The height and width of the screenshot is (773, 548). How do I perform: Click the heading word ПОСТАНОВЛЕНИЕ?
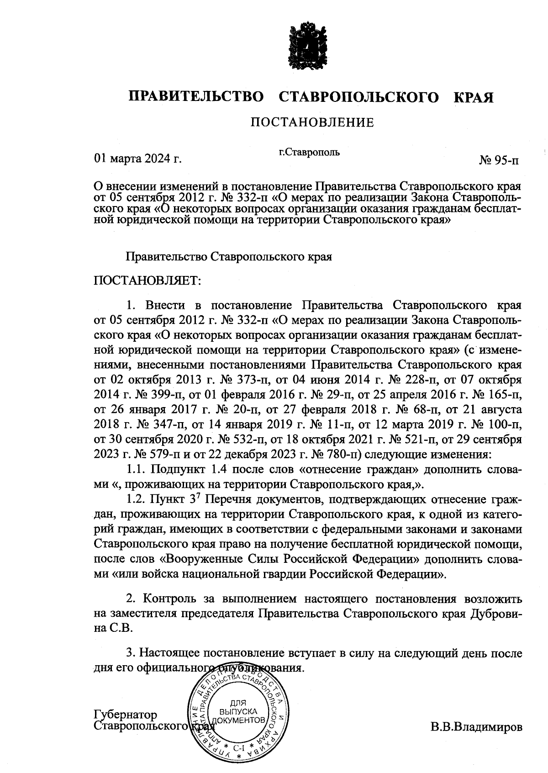312,122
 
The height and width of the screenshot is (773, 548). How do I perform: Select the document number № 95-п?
499,161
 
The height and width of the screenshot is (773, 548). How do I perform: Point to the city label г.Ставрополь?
309,152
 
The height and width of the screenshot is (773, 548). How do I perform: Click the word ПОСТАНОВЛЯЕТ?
147,280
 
